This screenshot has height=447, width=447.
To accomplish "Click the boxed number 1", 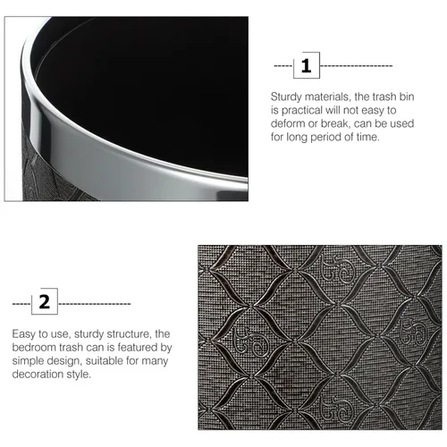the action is (307, 65).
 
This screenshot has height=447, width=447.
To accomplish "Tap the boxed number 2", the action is (45, 301).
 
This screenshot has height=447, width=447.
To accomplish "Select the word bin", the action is (407, 97).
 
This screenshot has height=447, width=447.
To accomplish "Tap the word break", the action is (334, 123).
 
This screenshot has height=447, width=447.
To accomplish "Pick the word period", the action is (326, 138).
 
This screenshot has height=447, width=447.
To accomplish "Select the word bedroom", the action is (34, 348).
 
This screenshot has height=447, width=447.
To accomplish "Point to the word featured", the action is (137, 348).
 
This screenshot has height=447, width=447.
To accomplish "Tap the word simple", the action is (26, 361).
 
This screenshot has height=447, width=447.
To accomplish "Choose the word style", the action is (79, 375).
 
